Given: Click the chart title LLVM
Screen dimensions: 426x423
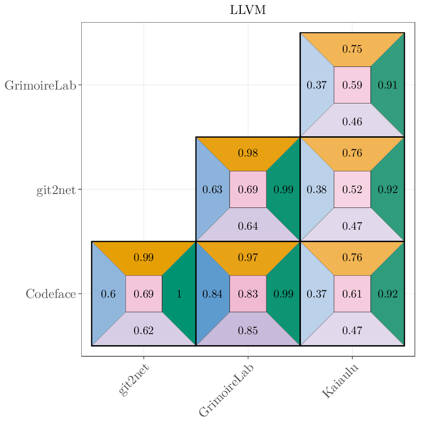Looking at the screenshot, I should (x=248, y=11).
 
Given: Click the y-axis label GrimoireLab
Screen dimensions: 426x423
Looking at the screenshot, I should (x=40, y=86).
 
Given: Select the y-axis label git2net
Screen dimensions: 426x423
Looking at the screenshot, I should (x=56, y=190).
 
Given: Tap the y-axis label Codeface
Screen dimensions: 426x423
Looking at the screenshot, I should (x=50, y=294).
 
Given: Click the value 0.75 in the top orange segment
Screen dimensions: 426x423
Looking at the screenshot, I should (x=352, y=49).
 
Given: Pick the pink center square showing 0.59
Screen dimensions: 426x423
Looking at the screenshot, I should (x=352, y=85).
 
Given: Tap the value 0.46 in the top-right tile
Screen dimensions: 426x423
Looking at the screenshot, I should (x=352, y=122).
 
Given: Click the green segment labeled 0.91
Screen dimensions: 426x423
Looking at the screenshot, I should (x=387, y=85).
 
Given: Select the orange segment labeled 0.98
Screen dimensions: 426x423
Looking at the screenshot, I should (x=248, y=154).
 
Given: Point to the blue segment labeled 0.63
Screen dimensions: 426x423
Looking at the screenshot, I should (x=212, y=190).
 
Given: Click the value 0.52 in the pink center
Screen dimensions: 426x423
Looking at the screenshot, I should (x=352, y=190).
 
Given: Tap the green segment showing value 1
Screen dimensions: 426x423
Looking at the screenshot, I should (x=179, y=294).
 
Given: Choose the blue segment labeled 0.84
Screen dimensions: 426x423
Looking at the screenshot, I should (x=212, y=294).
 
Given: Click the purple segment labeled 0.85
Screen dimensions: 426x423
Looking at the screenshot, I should (x=248, y=331).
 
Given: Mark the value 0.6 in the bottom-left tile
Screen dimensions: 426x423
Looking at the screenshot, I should (x=108, y=294).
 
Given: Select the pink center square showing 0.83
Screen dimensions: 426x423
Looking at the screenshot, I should (x=248, y=294).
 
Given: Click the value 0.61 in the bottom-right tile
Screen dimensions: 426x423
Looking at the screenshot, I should (x=352, y=294).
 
